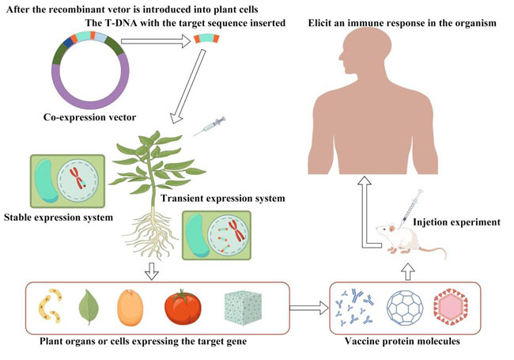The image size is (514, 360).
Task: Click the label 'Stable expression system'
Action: click(56, 216)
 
